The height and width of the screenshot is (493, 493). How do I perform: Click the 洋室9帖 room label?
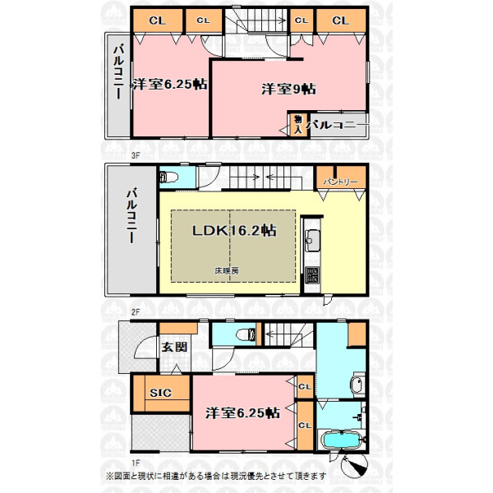tap(288, 90)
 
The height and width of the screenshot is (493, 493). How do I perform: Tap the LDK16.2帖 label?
tap(234, 230)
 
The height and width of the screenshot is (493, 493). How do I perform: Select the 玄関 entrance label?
tap(174, 347)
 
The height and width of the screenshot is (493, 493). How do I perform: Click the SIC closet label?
tap(160, 393)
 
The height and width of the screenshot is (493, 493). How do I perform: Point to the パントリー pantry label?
tap(340, 182)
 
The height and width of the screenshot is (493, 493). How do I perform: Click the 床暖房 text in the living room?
tap(227, 270)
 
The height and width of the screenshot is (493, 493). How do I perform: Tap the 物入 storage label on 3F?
tap(297, 124)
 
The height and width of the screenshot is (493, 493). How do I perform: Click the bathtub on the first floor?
tap(342, 439)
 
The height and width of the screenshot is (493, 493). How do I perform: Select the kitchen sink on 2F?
tap(312, 241)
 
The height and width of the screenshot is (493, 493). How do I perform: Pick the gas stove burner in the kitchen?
tap(312, 274)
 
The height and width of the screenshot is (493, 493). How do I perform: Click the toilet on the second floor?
tap(168, 177)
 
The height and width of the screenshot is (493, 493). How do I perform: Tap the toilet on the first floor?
tap(246, 334)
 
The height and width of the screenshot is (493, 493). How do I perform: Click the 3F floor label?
tap(136, 155)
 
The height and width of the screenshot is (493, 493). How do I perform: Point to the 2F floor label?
tap(136, 312)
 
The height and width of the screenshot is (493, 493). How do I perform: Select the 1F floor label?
tap(136, 463)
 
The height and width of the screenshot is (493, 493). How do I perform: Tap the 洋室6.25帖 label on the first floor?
tap(242, 413)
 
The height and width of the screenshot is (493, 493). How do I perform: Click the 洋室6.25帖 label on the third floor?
tap(170, 85)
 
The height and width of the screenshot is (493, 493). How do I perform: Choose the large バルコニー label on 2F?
tap(131, 215)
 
